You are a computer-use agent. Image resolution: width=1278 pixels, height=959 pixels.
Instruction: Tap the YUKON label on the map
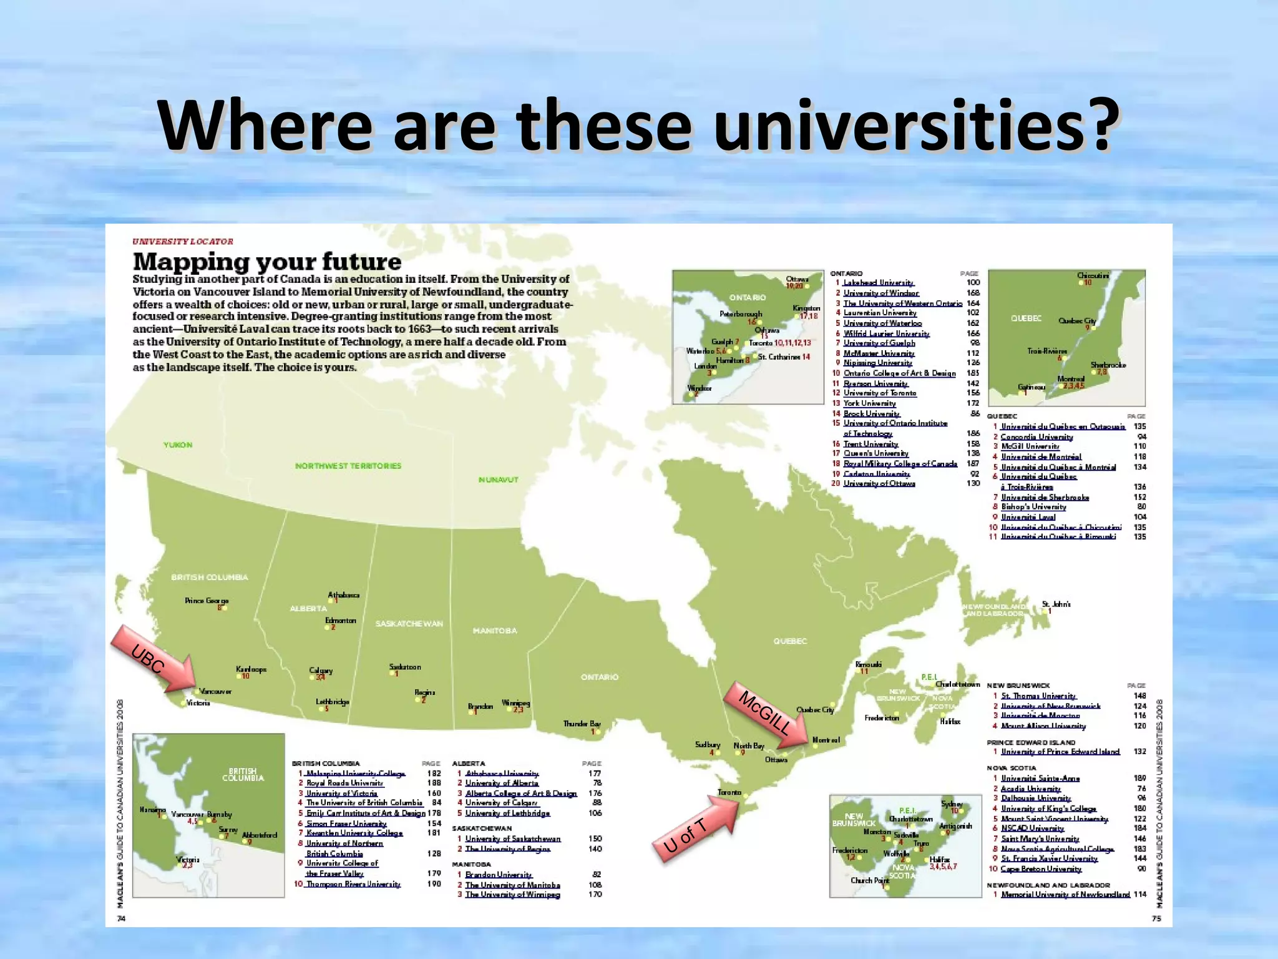coord(178,445)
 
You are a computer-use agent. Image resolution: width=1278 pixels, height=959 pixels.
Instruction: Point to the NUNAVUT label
coord(498,479)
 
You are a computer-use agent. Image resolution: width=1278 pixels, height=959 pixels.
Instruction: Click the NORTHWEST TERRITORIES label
coord(348,466)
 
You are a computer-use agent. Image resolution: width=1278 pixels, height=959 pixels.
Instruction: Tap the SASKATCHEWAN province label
coord(409,624)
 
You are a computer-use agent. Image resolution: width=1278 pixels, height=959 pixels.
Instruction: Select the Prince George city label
coord(207,601)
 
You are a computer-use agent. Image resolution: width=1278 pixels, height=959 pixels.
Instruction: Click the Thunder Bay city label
coord(582,724)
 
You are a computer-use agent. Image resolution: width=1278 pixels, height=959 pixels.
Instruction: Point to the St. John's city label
coord(1056,604)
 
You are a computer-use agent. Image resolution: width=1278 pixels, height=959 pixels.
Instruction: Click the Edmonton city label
coord(341,621)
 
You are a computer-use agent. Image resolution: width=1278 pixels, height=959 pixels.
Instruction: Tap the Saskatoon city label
coord(405,667)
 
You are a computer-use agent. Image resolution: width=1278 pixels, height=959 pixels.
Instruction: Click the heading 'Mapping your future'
coord(267,261)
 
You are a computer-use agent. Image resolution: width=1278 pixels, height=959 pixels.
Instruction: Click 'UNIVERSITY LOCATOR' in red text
coord(183,242)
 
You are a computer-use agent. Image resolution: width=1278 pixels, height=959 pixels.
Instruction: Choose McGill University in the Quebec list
coord(1030,446)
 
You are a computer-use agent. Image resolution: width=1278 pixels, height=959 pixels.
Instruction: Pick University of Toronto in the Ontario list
coord(880,393)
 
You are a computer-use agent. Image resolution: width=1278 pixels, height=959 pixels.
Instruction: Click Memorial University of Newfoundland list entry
coord(1065,895)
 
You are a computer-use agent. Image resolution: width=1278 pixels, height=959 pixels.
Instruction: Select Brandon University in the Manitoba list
coord(498,875)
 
